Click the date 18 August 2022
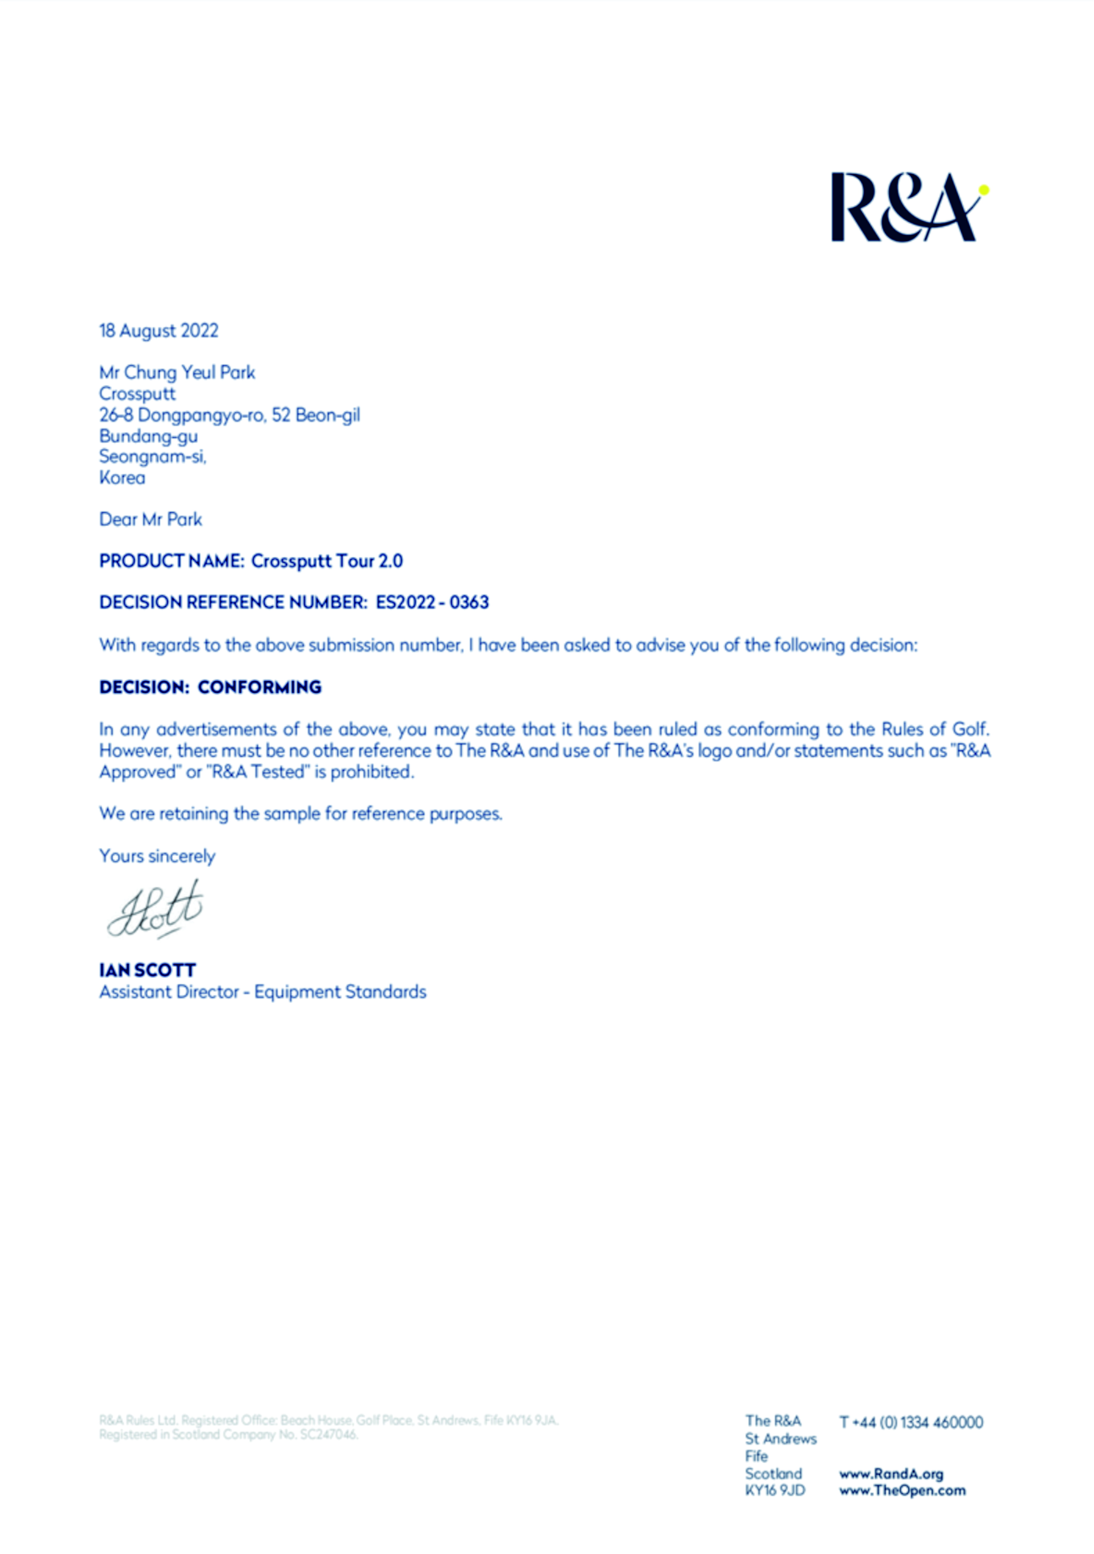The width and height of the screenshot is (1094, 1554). click(159, 331)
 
